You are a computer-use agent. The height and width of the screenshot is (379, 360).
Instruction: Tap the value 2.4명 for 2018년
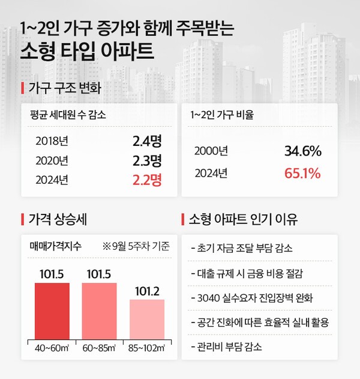(147, 142)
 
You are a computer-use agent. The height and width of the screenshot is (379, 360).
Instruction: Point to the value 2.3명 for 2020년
(147, 160)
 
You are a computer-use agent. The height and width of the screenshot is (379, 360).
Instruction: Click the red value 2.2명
(147, 179)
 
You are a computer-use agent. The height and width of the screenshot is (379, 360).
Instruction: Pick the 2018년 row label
(52, 142)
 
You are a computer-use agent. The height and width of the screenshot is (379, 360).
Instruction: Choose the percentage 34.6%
(302, 151)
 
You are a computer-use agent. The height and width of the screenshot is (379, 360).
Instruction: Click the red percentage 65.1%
(302, 174)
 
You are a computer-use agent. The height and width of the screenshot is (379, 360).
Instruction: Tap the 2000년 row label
(211, 151)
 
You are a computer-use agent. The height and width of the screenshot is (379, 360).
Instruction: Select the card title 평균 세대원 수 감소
(68, 115)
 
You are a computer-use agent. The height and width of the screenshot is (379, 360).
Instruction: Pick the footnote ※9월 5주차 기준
(136, 246)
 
